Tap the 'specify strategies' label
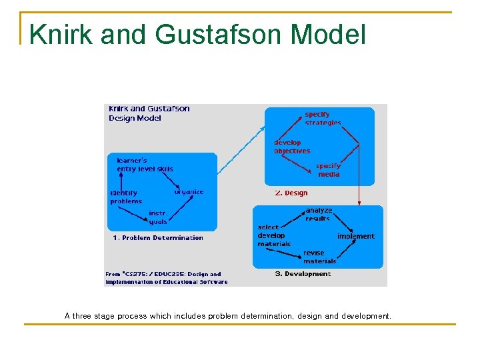(x=323, y=119)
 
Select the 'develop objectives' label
(x=291, y=147)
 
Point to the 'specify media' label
(x=328, y=170)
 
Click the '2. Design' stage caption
(x=291, y=193)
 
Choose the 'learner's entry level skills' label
(x=145, y=165)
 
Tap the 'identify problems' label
(x=125, y=197)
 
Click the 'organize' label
(x=189, y=192)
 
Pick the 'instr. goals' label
(x=158, y=218)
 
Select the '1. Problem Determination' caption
(x=157, y=238)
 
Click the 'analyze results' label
(x=318, y=214)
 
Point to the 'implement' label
(x=355, y=236)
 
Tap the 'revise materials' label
(x=319, y=257)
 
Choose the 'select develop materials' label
(x=273, y=235)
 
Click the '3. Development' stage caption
(x=303, y=274)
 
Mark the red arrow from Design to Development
(x=359, y=173)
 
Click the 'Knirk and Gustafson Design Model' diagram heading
(x=149, y=113)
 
